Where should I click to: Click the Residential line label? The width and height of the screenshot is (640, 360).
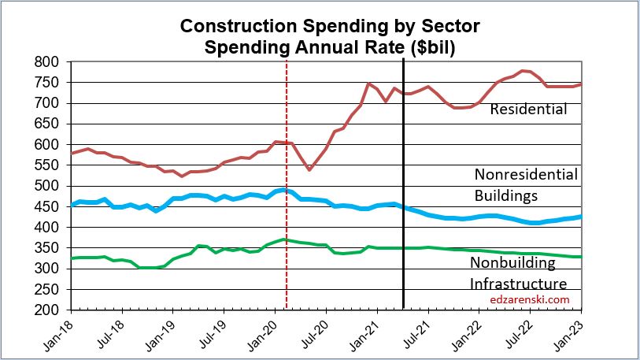(x=528, y=109)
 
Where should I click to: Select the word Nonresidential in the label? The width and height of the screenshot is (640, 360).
(x=526, y=174)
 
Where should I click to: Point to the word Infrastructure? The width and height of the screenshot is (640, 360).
(x=518, y=283)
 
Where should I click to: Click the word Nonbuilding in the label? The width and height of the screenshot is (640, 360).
(x=512, y=262)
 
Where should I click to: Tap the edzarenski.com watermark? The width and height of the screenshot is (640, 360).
(x=528, y=299)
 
